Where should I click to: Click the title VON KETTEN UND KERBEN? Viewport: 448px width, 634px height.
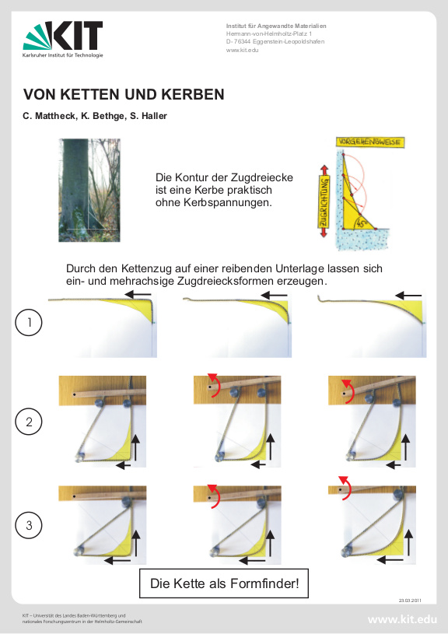pos(124,95)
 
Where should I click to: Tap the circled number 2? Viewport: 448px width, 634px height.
pos(29,422)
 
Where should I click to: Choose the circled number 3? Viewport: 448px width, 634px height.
pos(29,526)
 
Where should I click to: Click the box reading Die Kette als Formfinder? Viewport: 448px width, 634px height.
pos(224,583)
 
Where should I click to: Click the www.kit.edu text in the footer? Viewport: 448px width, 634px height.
pos(402,620)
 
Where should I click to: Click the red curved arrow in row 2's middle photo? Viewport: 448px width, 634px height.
pos(214,384)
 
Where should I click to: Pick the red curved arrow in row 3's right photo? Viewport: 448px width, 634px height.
pos(344,486)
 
